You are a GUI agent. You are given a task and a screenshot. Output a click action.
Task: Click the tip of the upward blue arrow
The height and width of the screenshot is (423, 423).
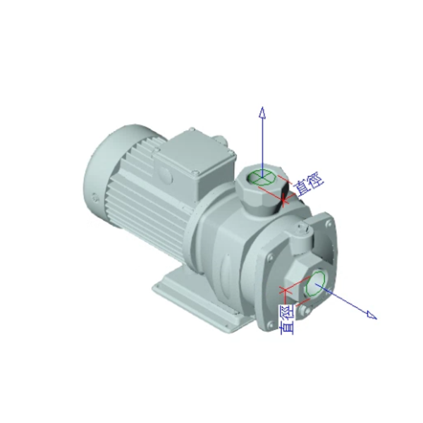(x=262, y=107)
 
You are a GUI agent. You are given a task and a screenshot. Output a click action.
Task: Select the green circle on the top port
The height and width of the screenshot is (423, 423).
(x=262, y=178)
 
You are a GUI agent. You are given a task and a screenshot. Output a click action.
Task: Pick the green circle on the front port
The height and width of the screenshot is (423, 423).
(x=315, y=283)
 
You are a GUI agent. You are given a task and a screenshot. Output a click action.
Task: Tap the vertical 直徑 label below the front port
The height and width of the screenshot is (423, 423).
(x=287, y=320)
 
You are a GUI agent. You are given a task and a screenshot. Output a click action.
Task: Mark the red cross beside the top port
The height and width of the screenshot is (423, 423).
(x=283, y=200)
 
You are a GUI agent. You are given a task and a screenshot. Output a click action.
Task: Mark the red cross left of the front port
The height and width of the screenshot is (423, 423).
(x=285, y=290)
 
